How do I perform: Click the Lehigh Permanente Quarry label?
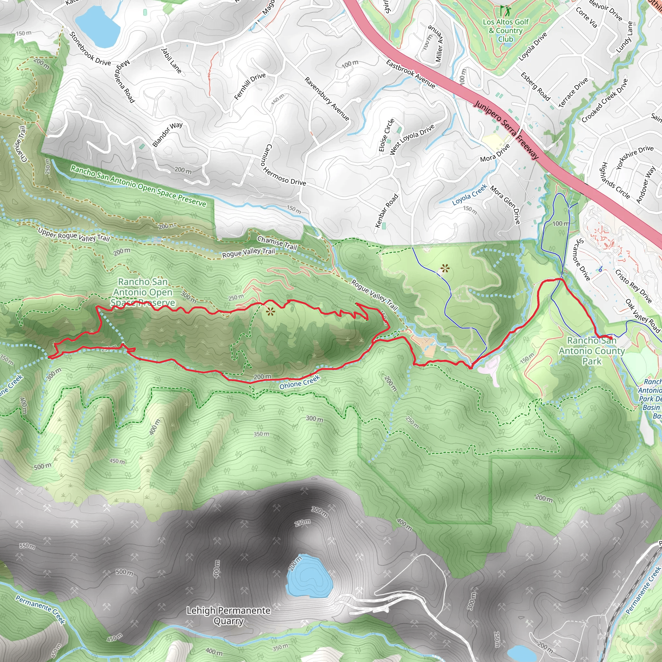(228, 616)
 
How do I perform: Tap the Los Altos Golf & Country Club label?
(506, 30)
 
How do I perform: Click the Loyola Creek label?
(469, 194)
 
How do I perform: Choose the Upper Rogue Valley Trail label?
(74, 235)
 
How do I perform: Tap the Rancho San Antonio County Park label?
(592, 351)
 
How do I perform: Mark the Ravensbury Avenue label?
(327, 99)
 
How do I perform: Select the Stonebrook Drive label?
(90, 49)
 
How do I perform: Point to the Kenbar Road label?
(387, 210)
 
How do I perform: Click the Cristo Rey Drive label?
(633, 286)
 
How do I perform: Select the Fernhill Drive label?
(250, 86)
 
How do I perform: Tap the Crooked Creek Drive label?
(605, 101)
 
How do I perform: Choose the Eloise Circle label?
(386, 135)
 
